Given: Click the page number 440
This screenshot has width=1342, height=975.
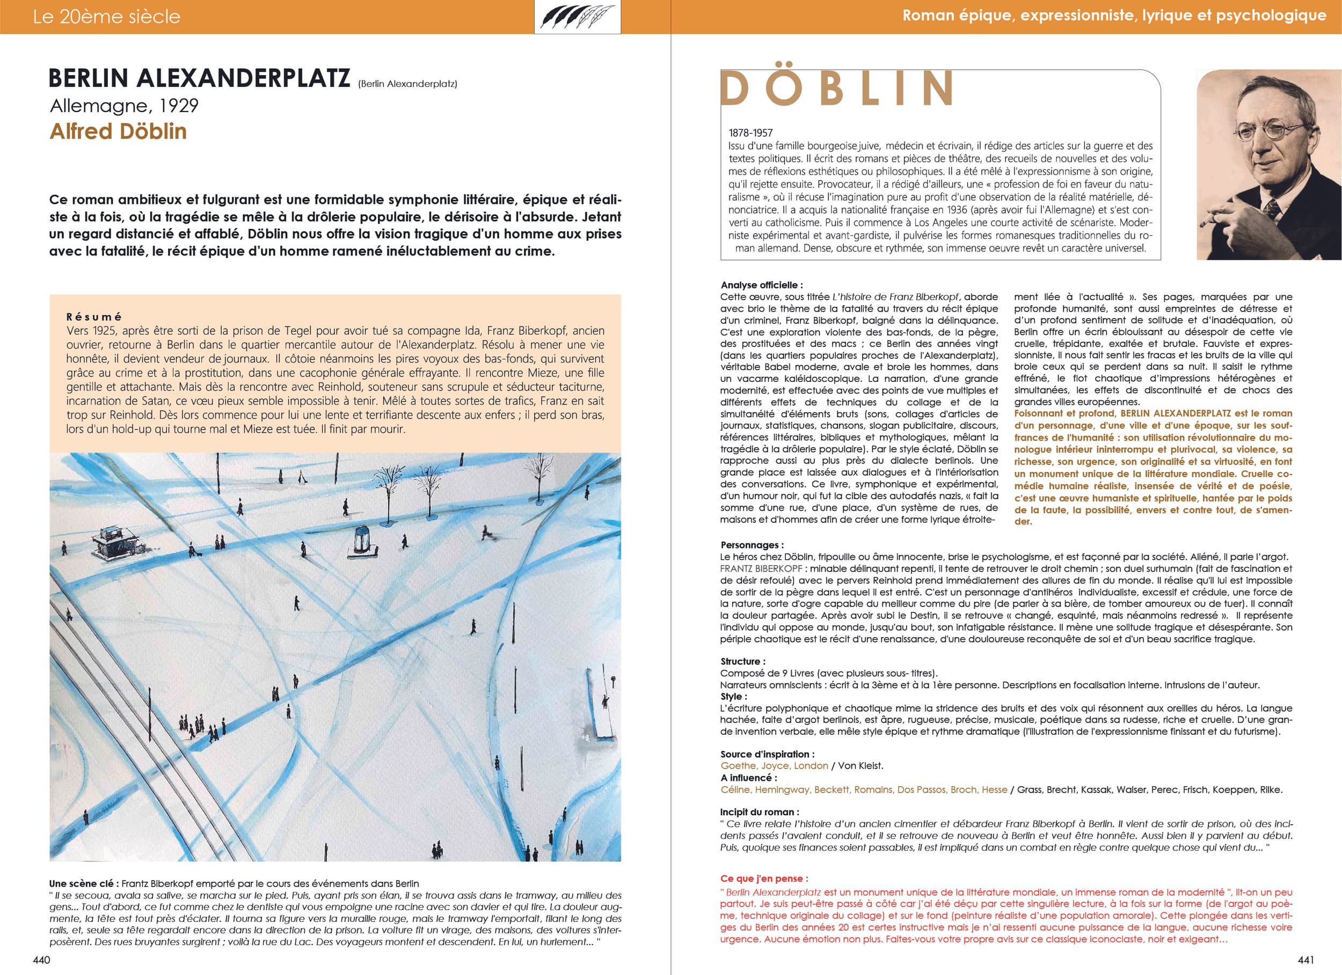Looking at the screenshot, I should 41,959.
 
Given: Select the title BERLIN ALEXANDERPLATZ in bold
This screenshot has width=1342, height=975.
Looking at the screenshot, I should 199,79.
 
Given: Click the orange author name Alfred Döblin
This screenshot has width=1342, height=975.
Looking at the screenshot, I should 118,131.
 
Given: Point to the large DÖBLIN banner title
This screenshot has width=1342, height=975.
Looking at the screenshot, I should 836,88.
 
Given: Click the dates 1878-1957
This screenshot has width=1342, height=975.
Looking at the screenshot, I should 750,133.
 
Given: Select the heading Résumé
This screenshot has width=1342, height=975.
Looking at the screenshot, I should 94,317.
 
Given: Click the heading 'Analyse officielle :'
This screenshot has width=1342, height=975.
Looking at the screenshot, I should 762,285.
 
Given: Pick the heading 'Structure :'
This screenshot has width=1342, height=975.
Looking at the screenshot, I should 742,662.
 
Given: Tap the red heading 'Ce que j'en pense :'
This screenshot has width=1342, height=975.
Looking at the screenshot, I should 764,878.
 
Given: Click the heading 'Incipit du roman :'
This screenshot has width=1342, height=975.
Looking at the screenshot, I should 760,812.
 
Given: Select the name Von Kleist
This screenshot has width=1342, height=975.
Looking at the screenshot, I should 860,766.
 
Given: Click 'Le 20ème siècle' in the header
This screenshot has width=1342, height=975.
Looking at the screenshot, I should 106,17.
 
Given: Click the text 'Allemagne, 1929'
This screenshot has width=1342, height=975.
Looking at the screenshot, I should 124,106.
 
